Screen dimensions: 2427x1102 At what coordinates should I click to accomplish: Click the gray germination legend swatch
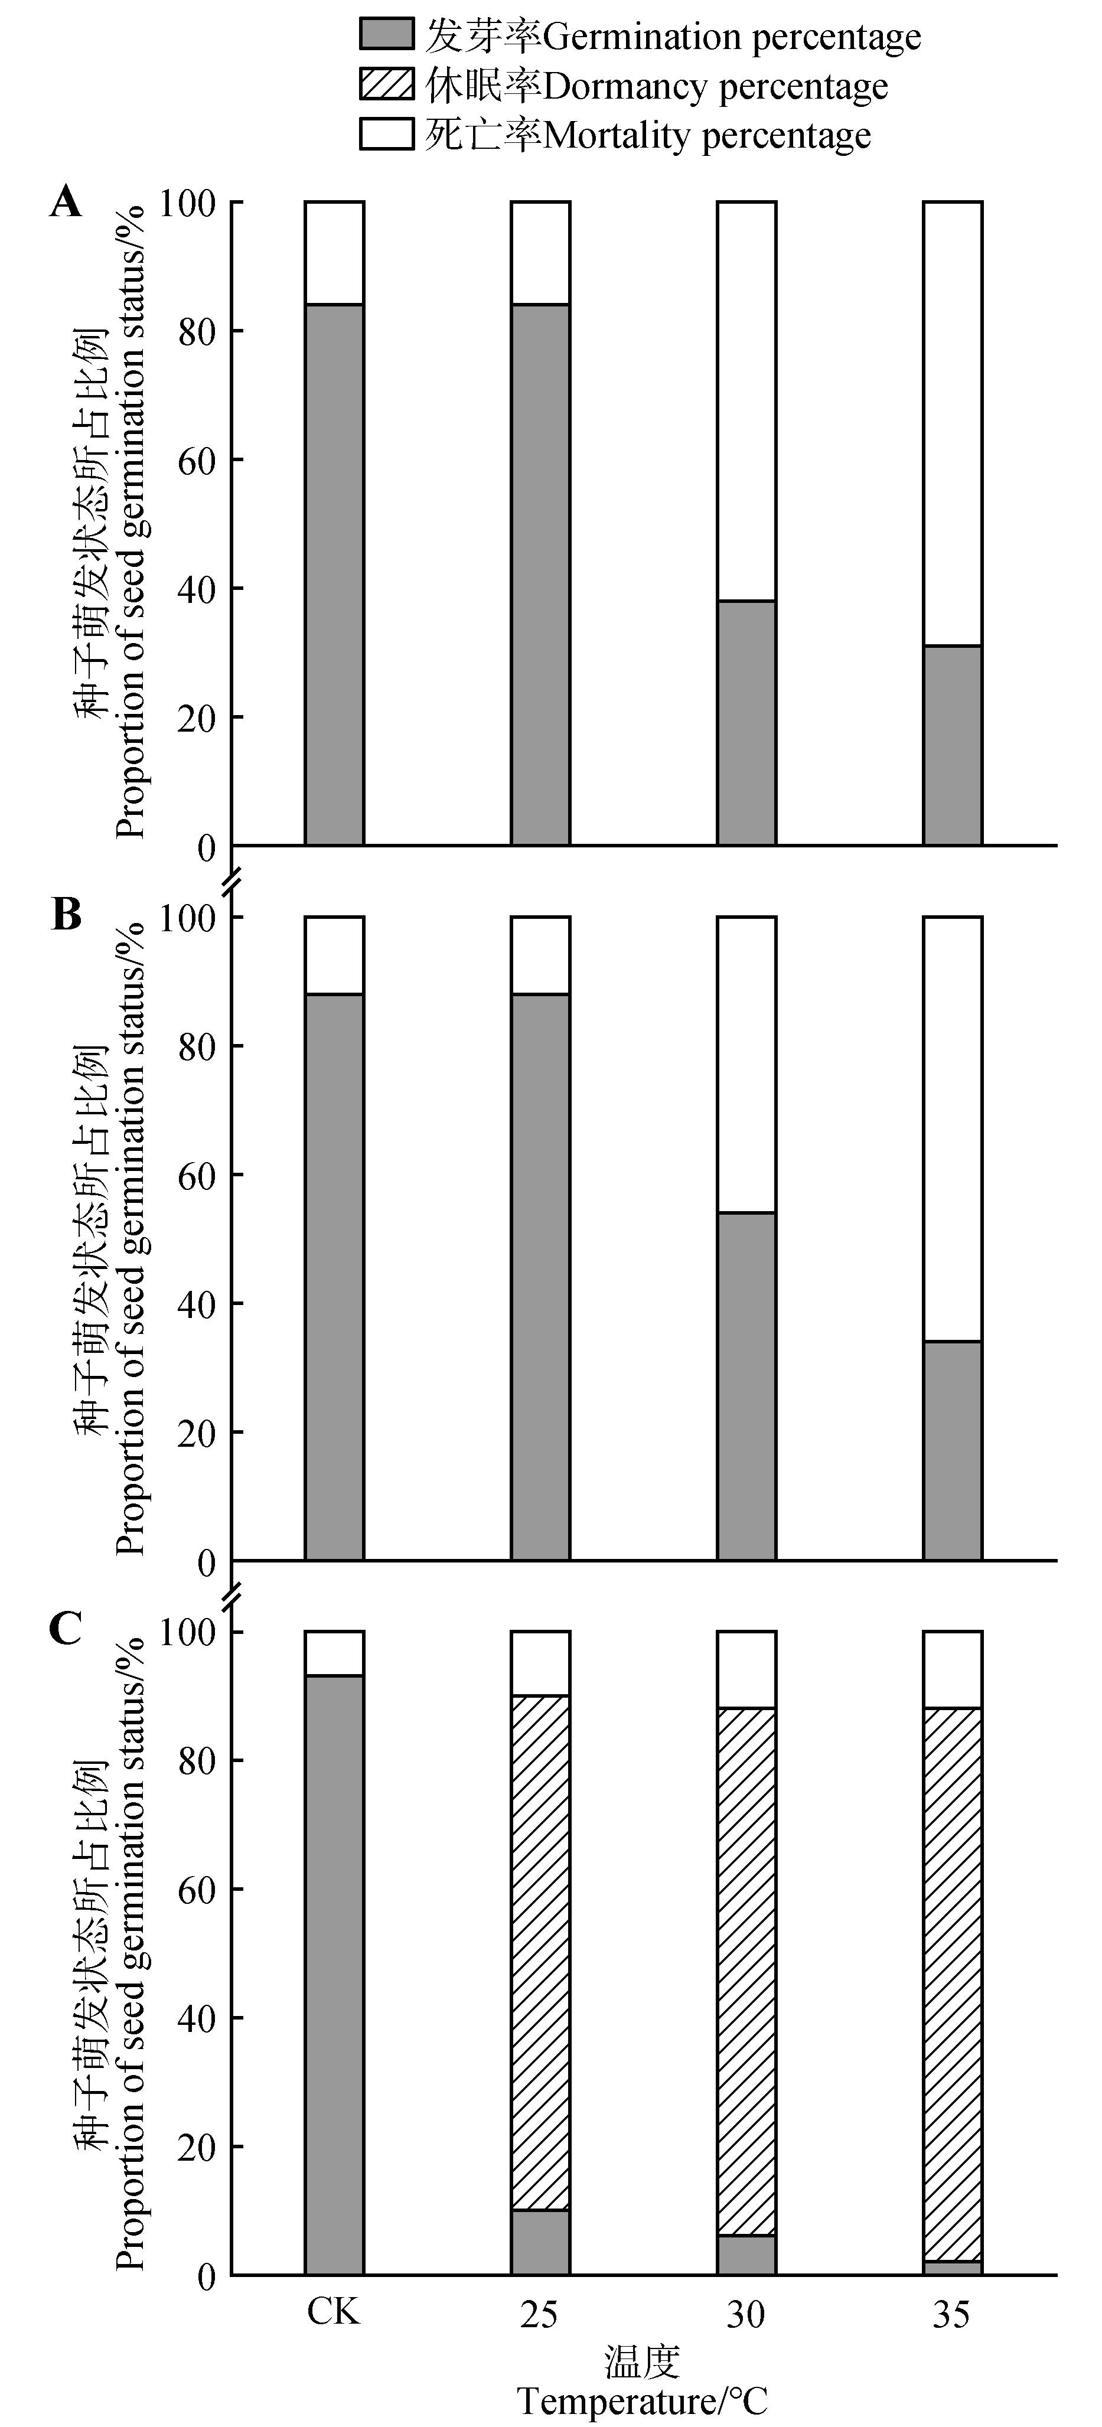tap(386, 36)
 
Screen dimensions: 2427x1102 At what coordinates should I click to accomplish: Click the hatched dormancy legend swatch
tap(386, 85)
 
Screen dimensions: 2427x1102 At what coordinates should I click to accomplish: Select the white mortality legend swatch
tap(386, 134)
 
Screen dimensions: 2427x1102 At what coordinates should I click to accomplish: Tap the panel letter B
tap(66, 915)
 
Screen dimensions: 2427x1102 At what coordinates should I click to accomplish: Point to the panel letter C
tap(66, 1627)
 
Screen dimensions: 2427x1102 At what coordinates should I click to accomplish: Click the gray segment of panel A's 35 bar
tap(952, 744)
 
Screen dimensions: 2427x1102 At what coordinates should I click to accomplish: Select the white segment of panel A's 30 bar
tap(746, 400)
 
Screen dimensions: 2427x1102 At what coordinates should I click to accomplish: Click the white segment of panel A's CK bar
tap(334, 253)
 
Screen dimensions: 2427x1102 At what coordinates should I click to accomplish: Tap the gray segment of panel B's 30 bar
tap(746, 1385)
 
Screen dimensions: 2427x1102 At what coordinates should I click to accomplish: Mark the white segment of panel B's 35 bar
tap(952, 1128)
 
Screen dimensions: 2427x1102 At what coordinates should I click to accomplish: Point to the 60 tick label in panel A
tap(195, 461)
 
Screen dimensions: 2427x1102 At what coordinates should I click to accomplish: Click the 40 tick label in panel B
tap(195, 1304)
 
